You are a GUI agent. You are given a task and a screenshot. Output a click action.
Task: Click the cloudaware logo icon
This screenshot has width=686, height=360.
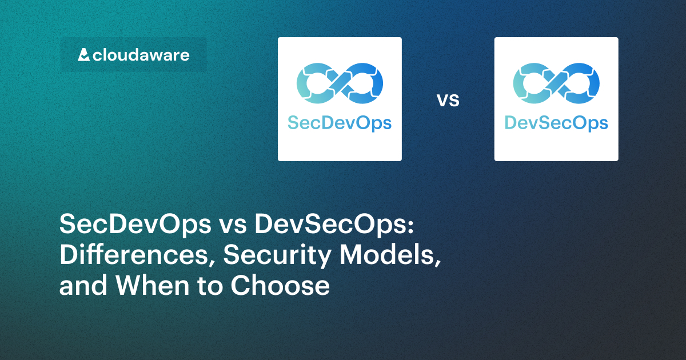coord(83,55)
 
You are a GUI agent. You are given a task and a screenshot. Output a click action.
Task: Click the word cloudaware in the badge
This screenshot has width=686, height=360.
coord(141,55)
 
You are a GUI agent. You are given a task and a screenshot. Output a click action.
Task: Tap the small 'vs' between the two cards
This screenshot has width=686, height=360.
coord(448,101)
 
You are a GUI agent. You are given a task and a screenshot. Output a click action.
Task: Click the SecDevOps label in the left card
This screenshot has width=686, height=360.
coord(340,123)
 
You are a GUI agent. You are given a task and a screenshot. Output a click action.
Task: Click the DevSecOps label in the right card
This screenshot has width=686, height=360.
coord(556,123)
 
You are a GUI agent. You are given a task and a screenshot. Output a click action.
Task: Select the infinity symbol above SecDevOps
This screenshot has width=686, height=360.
coord(340,86)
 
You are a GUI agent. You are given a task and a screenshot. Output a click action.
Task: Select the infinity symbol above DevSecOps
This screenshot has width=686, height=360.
coord(556,86)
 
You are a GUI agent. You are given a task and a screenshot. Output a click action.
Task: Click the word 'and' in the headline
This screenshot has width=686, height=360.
coord(80,286)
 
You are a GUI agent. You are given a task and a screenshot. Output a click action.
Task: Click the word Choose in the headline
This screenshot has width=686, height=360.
coord(280,286)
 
